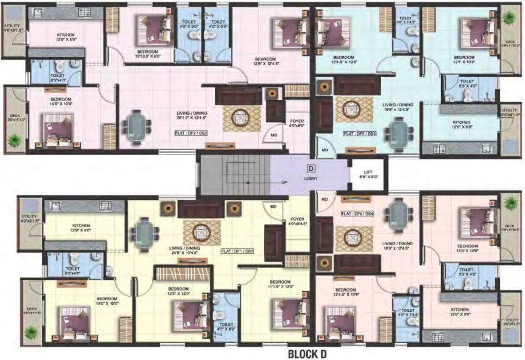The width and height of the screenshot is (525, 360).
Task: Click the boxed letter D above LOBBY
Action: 310,168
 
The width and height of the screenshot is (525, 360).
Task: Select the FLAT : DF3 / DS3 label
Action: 360,133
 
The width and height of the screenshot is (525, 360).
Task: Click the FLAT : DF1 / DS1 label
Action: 237,251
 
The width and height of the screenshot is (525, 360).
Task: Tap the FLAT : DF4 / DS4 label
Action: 357,213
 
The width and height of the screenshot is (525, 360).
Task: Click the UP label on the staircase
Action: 284,182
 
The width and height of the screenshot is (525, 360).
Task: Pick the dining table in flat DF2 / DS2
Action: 137,124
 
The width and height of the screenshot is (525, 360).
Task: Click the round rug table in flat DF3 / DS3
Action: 351,110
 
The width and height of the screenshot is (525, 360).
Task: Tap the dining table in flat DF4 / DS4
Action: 398,211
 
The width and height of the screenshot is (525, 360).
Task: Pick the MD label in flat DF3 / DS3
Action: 324,151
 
